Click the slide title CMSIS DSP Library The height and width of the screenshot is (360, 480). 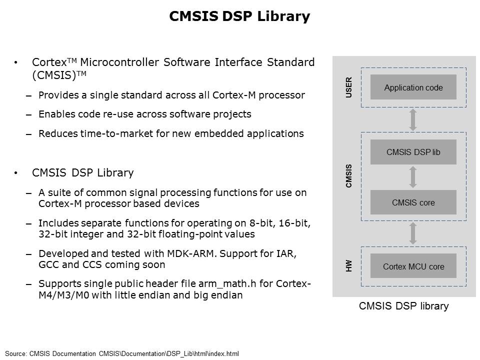239,16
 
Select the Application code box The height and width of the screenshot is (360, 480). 413,87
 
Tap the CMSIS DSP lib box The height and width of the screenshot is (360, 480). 413,152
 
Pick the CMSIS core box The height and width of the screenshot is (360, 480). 413,202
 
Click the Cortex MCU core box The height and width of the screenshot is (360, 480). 413,266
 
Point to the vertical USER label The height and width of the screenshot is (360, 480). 348,87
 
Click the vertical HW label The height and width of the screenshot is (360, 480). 348,266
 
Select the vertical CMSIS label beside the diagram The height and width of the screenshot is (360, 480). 348,176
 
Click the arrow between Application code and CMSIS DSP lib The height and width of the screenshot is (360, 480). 413,119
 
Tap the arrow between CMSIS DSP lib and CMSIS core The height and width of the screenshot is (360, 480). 413,177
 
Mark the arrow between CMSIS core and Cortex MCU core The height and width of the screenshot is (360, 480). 413,233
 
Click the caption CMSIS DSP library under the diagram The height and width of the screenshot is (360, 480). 404,306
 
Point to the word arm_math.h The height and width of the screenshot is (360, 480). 227,284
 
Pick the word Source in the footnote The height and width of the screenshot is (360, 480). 15,353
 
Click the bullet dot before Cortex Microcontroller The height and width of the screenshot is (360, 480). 15,63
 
